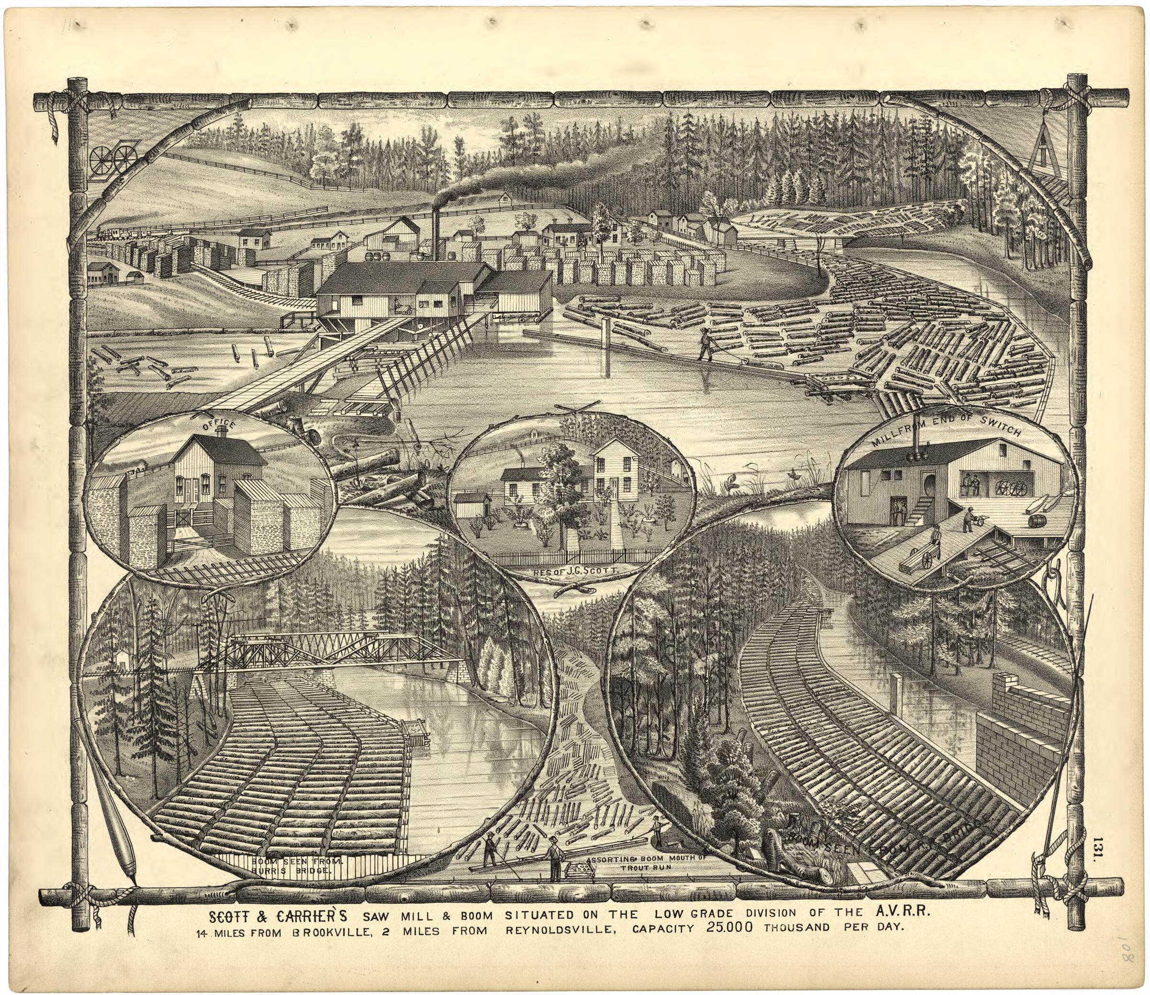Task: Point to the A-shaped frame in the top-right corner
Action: coord(1044,147)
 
